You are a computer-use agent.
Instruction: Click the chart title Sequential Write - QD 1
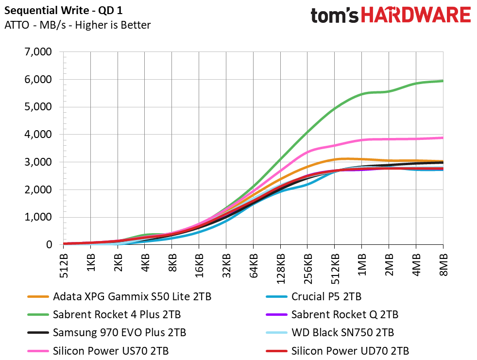tap(63, 11)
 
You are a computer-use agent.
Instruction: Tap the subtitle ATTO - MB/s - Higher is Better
tap(78, 25)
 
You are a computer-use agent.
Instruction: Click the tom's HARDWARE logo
tap(391, 15)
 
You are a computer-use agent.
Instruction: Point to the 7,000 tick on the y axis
tap(38, 51)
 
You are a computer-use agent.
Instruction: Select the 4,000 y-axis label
tap(38, 134)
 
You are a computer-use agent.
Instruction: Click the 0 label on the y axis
tap(49, 244)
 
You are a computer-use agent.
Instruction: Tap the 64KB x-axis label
tap(254, 266)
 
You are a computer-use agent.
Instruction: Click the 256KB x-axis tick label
tap(307, 268)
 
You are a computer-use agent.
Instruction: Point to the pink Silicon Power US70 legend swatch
tap(38, 351)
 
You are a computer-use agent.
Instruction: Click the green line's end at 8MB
tap(443, 81)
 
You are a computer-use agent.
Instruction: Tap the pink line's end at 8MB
tap(443, 138)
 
